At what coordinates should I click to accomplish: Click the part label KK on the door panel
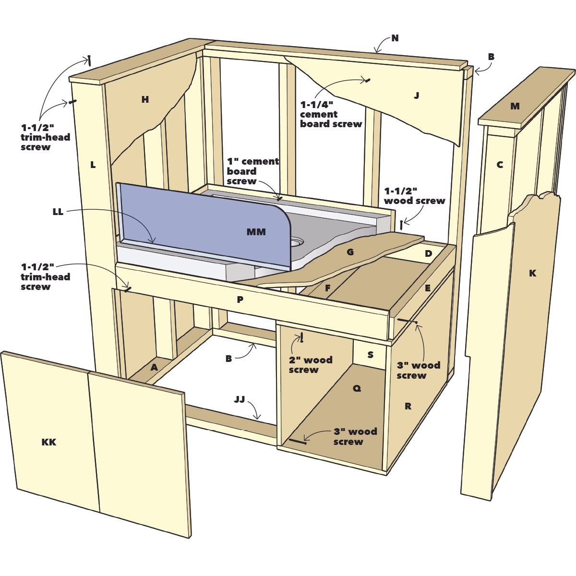pyautogui.click(x=49, y=442)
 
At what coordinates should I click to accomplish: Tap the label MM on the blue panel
pyautogui.click(x=256, y=232)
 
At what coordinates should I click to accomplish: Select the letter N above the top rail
pyautogui.click(x=395, y=38)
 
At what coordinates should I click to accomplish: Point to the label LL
pyautogui.click(x=58, y=212)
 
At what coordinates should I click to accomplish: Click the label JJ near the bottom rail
pyautogui.click(x=240, y=399)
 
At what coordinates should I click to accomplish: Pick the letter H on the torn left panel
pyautogui.click(x=145, y=99)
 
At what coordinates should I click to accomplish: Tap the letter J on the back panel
pyautogui.click(x=416, y=96)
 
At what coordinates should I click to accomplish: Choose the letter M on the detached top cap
pyautogui.click(x=515, y=106)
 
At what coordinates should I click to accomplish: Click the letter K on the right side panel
pyautogui.click(x=532, y=273)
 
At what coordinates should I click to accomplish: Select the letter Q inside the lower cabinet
pyautogui.click(x=357, y=388)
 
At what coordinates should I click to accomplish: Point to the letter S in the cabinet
pyautogui.click(x=370, y=355)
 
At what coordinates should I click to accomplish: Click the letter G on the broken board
pyautogui.click(x=350, y=252)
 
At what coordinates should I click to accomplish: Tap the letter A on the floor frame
pyautogui.click(x=154, y=367)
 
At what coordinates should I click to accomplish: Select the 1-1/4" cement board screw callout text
pyautogui.click(x=331, y=114)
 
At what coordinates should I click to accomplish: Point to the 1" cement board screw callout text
pyautogui.click(x=253, y=171)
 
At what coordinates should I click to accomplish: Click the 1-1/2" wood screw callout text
pyautogui.click(x=414, y=196)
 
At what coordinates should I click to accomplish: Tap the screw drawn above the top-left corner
pyautogui.click(x=89, y=60)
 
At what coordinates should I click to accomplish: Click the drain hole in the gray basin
pyautogui.click(x=296, y=241)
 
